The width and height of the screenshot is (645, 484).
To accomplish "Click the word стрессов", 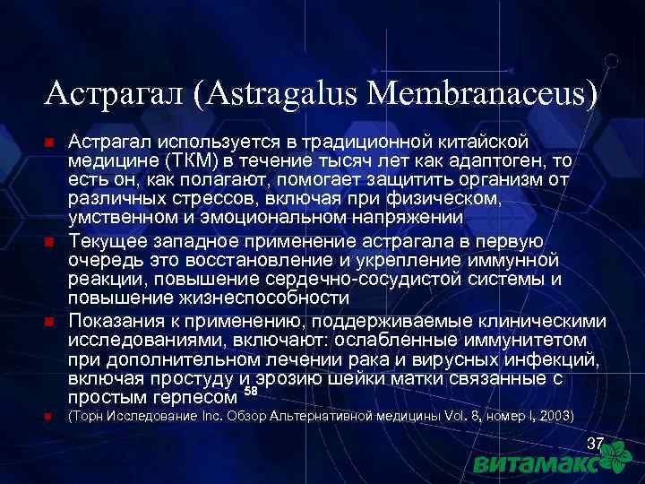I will pos(187,197).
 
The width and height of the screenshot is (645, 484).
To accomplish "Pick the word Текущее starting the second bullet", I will pos(113,241).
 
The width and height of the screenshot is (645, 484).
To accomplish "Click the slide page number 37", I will pos(595,445).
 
